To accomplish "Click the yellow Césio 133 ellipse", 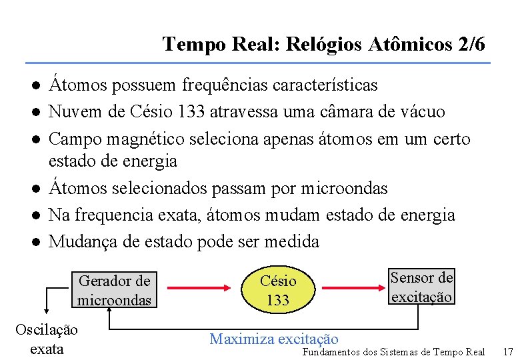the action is pos(278,290).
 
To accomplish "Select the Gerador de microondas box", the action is pos(115,290).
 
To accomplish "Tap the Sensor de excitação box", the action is pos(421,287).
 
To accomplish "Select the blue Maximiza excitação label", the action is pos(274,339).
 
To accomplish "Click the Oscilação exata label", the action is pos(47,339).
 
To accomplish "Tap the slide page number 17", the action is pos(507,351).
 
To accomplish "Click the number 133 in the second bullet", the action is pos(191,112).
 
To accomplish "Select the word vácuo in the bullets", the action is pos(420,112).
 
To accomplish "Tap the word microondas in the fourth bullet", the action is pos(344,189).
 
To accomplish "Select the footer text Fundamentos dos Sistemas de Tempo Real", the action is pos(393,351).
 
